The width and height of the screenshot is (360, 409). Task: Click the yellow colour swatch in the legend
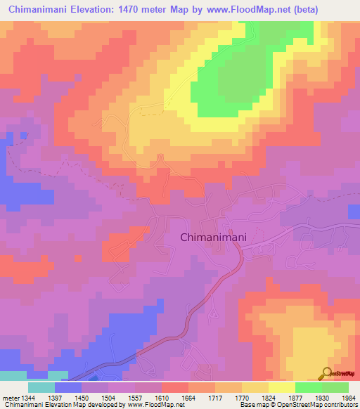[x=281, y=387]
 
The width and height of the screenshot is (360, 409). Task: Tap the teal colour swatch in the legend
[x=41, y=387]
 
